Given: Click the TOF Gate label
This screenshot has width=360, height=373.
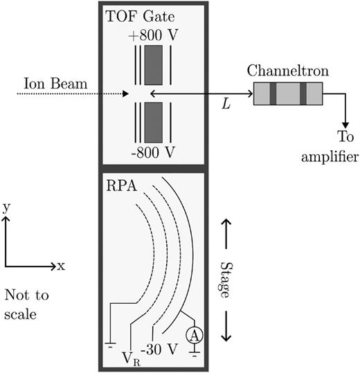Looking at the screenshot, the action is (x=140, y=17).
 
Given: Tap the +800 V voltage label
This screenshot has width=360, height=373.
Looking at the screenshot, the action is (x=153, y=35).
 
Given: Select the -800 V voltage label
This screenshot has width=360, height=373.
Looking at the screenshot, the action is (x=153, y=152).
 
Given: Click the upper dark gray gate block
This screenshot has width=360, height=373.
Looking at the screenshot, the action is (x=154, y=65).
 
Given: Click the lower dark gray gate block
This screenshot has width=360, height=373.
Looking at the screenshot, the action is (x=154, y=122).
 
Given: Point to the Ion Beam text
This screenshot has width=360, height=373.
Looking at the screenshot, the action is (x=55, y=84).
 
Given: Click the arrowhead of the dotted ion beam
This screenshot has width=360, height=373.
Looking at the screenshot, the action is (x=125, y=93).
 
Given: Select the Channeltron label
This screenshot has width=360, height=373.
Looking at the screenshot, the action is (x=288, y=71).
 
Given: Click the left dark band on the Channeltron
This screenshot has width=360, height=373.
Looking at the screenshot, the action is (x=273, y=93).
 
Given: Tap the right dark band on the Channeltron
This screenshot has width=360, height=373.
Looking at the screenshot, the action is (x=303, y=93).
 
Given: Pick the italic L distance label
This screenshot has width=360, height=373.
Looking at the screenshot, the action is (x=226, y=104).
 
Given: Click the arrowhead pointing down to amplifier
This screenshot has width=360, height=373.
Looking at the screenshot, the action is (x=345, y=125).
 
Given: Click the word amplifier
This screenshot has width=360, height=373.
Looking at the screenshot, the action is (x=330, y=157).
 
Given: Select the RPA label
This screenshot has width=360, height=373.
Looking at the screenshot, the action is (x=122, y=185).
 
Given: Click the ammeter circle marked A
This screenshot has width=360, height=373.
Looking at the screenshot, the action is (x=195, y=336).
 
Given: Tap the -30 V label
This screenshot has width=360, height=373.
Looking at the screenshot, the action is (x=159, y=349).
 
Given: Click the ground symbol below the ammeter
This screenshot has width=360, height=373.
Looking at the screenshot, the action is (x=195, y=353).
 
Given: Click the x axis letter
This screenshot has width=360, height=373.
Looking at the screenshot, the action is (x=61, y=266).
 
